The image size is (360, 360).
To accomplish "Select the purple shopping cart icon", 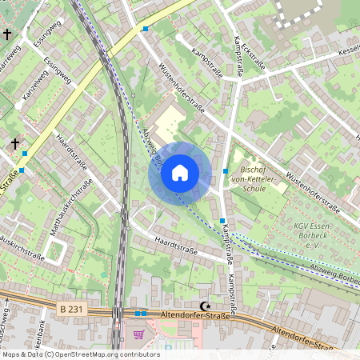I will pyautogui.click(x=139, y=334).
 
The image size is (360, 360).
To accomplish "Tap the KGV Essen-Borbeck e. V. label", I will pyautogui.click(x=311, y=230).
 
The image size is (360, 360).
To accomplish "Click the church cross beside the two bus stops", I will pyautogui.click(x=14, y=144).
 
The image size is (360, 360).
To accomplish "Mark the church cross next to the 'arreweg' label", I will pyautogui.click(x=8, y=34).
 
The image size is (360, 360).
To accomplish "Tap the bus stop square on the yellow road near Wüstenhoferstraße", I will pyautogui.click(x=145, y=29).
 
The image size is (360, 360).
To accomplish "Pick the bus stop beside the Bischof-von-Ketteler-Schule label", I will pyautogui.click(x=226, y=171).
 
